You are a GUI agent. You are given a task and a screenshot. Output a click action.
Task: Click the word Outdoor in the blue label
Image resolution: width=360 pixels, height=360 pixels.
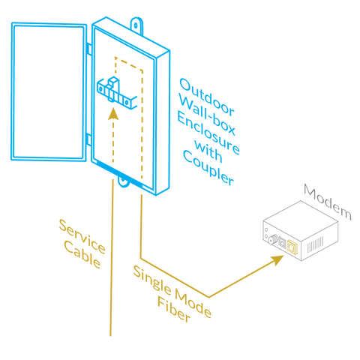207,97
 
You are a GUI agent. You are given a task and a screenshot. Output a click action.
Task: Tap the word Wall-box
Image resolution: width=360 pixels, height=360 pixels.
207,115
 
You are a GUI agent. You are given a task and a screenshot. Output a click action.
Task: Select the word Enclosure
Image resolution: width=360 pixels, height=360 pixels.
208,133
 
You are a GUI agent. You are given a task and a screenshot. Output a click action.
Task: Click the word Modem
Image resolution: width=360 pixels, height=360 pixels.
328,202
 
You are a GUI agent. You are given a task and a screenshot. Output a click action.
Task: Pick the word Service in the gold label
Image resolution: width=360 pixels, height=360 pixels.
82,236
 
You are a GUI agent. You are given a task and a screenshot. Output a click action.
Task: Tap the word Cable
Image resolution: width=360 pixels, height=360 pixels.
82,255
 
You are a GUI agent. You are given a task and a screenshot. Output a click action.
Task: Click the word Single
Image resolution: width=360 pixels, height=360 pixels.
152,280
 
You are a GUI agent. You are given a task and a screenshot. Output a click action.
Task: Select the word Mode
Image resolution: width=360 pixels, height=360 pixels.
193,303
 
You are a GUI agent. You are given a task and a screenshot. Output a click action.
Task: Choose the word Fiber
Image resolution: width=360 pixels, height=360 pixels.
174,309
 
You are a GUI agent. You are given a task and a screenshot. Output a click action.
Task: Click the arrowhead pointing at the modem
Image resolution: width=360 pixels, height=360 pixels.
277,260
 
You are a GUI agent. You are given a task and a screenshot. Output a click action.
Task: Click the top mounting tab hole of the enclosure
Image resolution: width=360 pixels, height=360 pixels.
136,25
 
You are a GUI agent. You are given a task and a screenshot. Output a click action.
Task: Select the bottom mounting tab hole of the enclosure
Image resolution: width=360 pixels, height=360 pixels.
123,180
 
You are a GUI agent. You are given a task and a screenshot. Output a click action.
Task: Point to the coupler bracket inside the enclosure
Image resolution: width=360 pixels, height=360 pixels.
117,93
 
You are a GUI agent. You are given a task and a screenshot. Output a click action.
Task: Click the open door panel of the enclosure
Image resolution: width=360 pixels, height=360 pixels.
49,91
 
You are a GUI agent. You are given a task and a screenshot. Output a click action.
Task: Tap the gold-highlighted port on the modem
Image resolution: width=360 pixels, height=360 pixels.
292,247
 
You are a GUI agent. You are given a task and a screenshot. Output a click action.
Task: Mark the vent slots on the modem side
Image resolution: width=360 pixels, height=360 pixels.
315,244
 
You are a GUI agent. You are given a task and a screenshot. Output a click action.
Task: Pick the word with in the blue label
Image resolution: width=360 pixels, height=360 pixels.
208,151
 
